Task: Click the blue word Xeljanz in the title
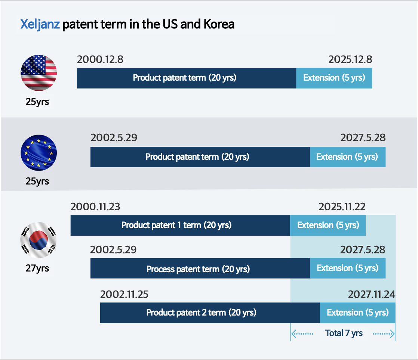(40, 24)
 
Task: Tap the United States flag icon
(39, 73)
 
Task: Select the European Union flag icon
(39, 153)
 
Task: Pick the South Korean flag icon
(39, 240)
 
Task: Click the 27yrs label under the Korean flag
(37, 268)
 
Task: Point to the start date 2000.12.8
(100, 59)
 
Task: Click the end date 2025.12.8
(350, 59)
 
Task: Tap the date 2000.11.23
(95, 207)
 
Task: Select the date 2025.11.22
(342, 207)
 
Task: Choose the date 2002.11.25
(124, 294)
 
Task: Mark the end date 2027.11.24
(372, 294)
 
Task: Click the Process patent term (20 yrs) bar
(200, 268)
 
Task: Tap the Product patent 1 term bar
(180, 225)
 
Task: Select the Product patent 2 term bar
(210, 313)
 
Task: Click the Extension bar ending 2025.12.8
(334, 78)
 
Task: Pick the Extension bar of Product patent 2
(357, 313)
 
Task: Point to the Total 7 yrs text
(344, 333)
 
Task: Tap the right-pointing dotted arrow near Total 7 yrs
(384, 333)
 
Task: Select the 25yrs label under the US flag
(37, 102)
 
